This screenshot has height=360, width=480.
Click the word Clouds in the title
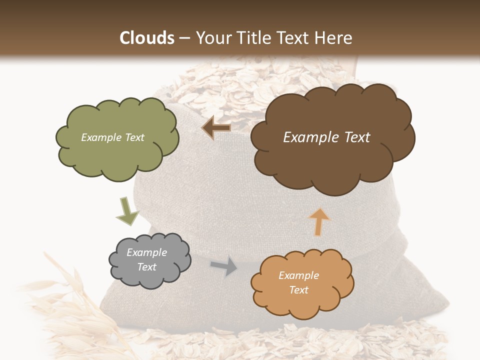(147, 38)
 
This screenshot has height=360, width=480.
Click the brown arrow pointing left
(216, 128)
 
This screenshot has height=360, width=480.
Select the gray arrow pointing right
(224, 266)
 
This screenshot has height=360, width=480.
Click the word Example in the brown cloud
(308, 137)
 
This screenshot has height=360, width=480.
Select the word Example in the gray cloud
(146, 252)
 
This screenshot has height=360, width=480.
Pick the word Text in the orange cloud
(298, 290)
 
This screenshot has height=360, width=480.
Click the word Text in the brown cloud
(356, 137)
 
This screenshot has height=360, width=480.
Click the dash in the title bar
(183, 38)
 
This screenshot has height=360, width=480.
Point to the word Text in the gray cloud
(146, 267)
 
